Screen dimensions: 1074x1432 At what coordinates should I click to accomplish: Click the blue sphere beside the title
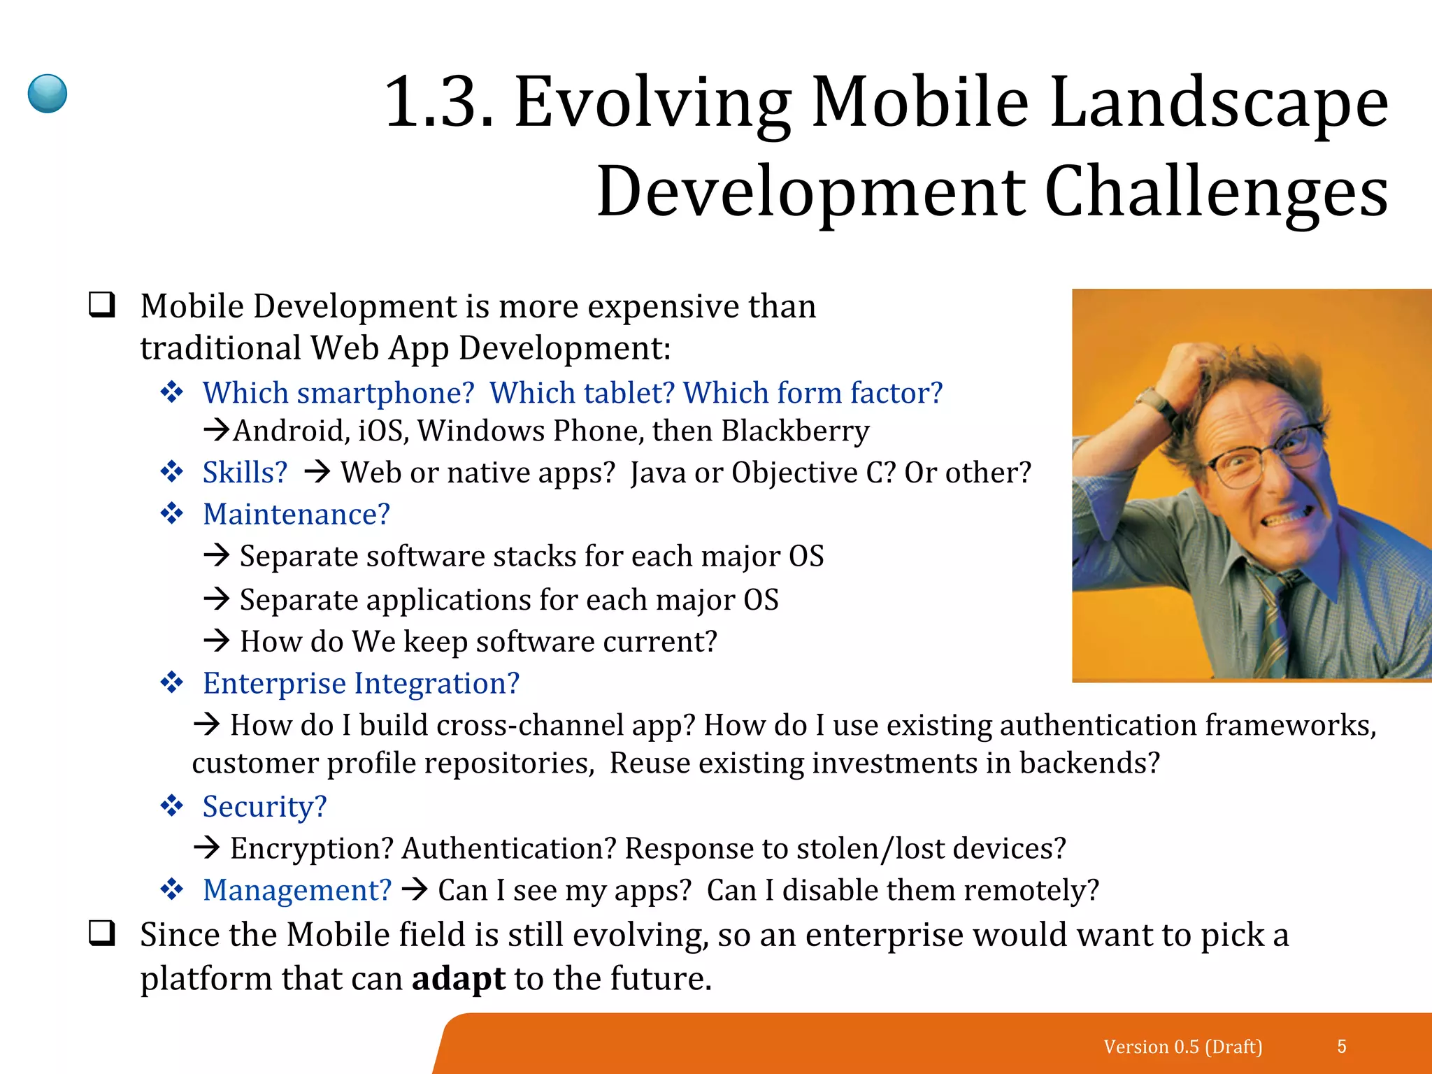48,94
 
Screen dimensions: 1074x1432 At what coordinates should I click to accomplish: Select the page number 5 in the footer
1341,1046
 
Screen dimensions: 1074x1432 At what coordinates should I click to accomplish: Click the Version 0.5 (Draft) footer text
1183,1047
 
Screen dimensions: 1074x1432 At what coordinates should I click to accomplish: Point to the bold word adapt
458,978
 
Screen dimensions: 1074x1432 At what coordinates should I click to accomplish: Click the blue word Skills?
245,473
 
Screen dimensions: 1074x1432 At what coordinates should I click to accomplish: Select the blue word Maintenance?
296,515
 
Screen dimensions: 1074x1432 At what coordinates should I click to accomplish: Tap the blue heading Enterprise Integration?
361,683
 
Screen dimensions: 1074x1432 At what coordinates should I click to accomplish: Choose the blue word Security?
264,807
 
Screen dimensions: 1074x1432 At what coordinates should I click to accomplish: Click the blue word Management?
296,890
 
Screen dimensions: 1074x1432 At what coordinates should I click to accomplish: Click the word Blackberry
795,431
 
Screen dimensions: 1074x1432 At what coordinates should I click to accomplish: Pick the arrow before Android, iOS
217,429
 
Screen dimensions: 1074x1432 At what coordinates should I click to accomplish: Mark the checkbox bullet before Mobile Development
102,305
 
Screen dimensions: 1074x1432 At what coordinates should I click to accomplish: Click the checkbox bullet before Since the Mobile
102,933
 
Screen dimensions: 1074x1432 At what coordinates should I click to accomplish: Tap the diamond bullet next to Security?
172,806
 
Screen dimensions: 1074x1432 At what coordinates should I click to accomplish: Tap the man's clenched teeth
1290,519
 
